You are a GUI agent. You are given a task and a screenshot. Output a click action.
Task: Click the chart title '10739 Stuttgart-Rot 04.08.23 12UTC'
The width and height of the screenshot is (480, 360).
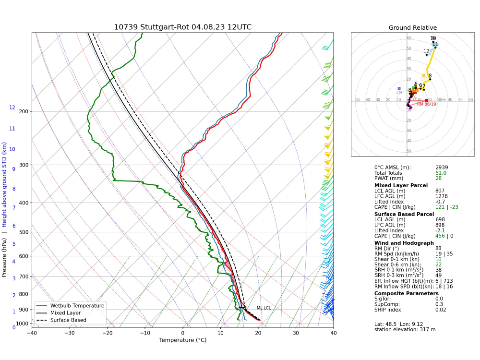[182, 27]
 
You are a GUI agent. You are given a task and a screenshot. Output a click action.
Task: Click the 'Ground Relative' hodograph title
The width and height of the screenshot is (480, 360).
[413, 28]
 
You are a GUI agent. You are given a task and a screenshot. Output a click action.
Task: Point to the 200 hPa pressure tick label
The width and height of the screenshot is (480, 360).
[24, 112]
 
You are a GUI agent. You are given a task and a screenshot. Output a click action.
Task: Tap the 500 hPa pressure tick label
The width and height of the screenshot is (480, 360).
[24, 232]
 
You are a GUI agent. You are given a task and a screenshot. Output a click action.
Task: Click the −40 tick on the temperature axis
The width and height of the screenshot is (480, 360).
[32, 333]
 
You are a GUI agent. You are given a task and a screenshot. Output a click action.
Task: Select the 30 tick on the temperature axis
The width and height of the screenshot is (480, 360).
[296, 333]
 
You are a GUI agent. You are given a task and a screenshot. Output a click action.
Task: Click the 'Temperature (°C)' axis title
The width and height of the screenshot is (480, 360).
[182, 341]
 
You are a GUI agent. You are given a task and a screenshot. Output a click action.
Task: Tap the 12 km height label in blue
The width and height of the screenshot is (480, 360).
[12, 108]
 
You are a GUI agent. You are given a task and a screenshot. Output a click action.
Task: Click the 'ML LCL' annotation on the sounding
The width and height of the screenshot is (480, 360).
[264, 308]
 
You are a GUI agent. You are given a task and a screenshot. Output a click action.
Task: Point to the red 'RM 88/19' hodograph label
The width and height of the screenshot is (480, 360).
[426, 104]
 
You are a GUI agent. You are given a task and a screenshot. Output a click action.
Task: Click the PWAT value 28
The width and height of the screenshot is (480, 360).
[438, 179]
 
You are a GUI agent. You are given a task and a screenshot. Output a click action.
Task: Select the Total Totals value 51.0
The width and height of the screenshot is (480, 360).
[441, 173]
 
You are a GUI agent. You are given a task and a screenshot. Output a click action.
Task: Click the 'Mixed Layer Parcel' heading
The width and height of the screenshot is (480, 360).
[401, 185]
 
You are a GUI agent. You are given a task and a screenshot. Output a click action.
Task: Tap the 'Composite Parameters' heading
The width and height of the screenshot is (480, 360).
[406, 293]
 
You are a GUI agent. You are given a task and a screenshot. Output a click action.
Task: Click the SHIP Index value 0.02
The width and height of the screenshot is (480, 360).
[441, 310]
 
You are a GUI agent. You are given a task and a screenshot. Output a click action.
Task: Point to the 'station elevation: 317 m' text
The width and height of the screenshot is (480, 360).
[404, 329]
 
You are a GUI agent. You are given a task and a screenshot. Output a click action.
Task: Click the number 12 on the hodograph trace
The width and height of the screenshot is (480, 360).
[426, 51]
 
